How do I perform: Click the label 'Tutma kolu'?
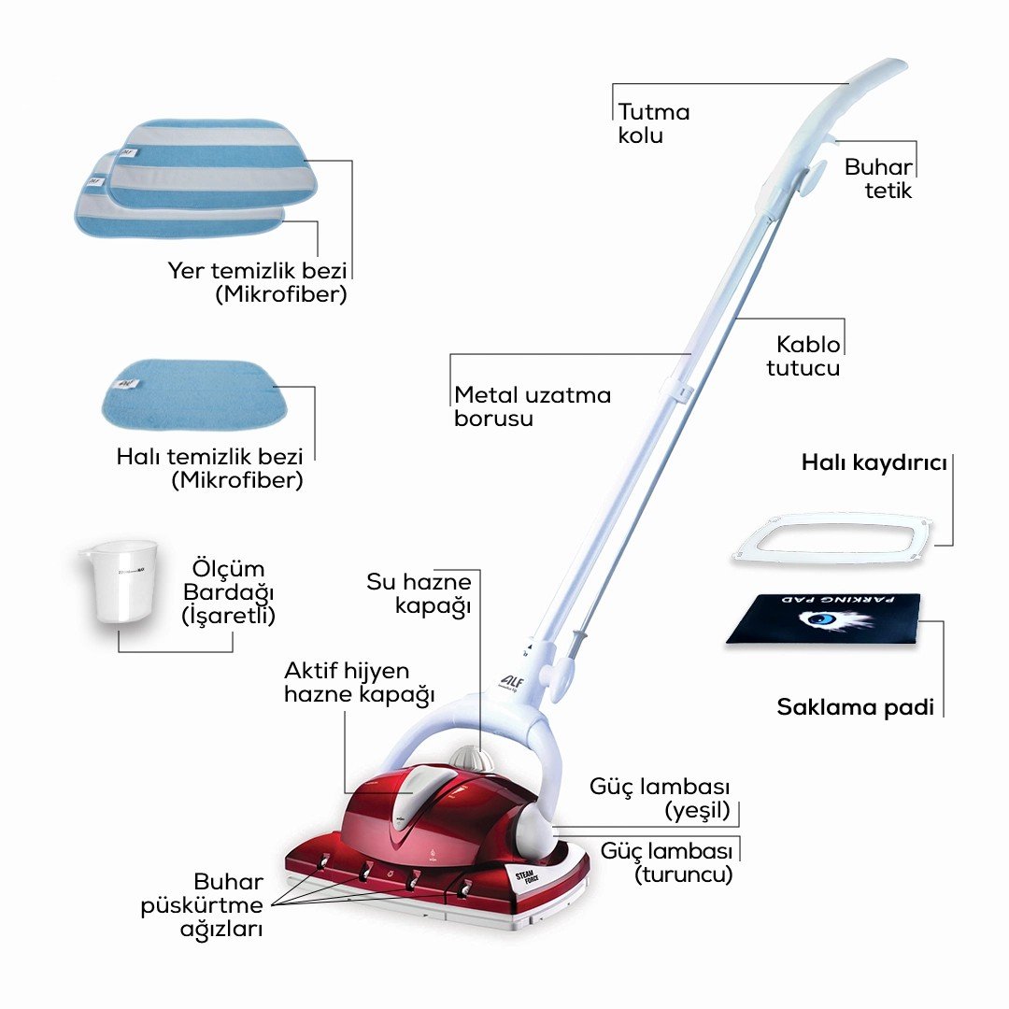tap(654, 123)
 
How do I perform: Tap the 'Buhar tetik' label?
tap(878, 178)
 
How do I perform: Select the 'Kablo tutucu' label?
tap(803, 356)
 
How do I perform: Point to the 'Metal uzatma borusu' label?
tap(533, 406)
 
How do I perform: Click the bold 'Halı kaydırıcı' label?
tap(874, 462)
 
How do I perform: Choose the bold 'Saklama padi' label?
tap(855, 707)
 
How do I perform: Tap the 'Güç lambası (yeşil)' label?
tap(660, 799)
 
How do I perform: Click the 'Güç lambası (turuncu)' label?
tap(667, 863)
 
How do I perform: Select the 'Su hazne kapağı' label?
tap(419, 594)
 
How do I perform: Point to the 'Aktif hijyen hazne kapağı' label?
tap(359, 683)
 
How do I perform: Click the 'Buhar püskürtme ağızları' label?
tap(202, 905)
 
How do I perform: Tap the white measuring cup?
tap(121, 581)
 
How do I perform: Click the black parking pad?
tap(824, 619)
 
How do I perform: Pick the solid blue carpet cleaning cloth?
tap(193, 394)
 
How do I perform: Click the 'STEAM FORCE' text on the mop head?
tap(528, 878)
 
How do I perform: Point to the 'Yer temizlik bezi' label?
tap(257, 270)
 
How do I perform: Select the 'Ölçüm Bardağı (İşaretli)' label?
tap(229, 592)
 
